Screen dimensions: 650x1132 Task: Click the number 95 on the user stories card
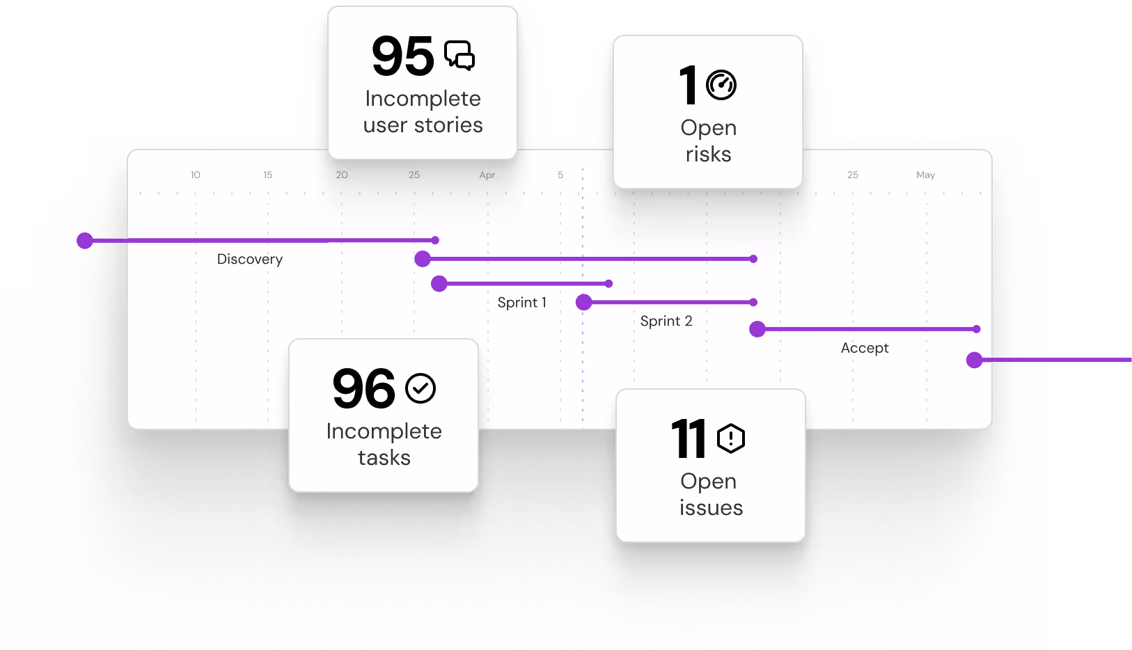403,56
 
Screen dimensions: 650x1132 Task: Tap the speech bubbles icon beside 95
459,56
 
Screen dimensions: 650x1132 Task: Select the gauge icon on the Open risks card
721,86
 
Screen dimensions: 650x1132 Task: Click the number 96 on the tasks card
364,389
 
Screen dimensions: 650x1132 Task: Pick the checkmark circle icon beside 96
420,388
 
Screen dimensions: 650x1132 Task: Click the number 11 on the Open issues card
689,439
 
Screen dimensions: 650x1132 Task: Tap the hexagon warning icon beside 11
731,438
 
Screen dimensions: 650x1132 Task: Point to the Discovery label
250,260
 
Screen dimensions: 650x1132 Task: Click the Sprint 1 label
521,303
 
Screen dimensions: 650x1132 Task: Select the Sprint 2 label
666,322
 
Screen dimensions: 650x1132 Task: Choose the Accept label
865,348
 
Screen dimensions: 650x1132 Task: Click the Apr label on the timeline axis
487,175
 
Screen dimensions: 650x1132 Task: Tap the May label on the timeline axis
925,175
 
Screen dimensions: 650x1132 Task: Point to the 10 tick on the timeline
196,175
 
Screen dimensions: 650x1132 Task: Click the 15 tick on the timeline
268,175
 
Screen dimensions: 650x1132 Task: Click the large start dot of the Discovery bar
86,241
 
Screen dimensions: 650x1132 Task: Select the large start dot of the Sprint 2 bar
584,302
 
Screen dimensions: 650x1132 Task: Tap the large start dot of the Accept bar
757,329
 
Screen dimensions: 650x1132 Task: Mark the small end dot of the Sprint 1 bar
609,284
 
